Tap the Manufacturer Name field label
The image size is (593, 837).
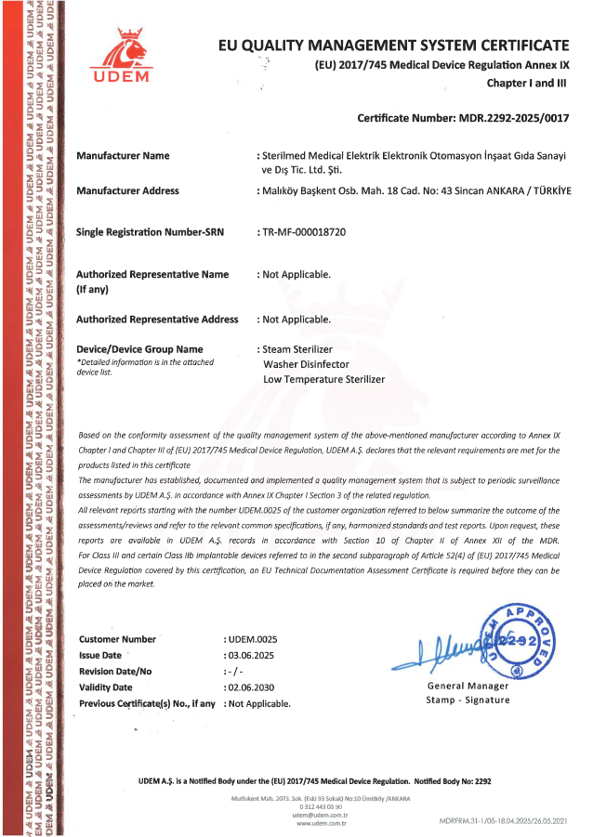point(123,155)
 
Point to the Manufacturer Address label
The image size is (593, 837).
point(127,190)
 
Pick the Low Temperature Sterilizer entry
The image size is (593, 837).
point(323,379)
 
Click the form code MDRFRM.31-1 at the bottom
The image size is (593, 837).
point(501,822)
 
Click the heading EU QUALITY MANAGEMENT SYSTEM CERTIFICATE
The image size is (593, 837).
point(392,45)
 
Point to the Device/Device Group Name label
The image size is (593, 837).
point(138,349)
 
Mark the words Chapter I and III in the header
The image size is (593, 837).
point(527,83)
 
